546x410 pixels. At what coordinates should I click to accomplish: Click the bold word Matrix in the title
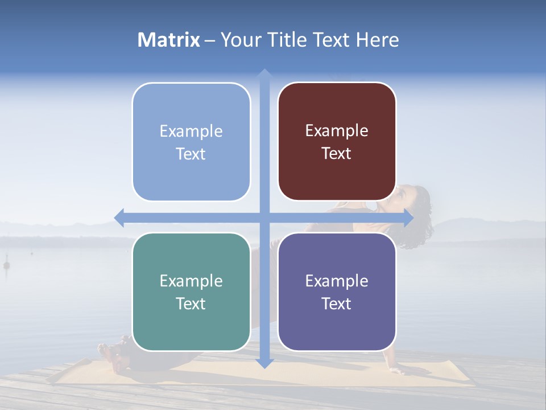[169, 40]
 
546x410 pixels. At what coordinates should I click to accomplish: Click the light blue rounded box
[191, 142]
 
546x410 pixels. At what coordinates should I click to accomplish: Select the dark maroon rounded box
[337, 141]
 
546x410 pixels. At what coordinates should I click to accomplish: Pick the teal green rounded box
[191, 292]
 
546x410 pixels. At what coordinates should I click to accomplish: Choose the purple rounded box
[337, 292]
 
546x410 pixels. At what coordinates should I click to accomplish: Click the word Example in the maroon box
[337, 130]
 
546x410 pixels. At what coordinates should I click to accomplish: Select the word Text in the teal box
[191, 304]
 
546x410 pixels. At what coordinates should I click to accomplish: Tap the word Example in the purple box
[337, 281]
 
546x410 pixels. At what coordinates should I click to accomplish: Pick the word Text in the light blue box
[191, 154]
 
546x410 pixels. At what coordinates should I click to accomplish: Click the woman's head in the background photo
[414, 202]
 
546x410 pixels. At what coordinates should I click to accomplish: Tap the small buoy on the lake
[7, 265]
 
